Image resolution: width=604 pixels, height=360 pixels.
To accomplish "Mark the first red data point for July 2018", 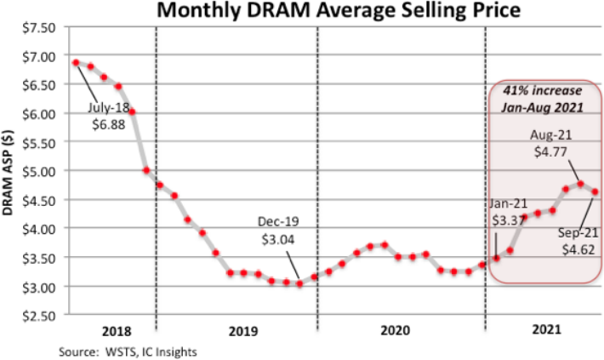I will (76, 63).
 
